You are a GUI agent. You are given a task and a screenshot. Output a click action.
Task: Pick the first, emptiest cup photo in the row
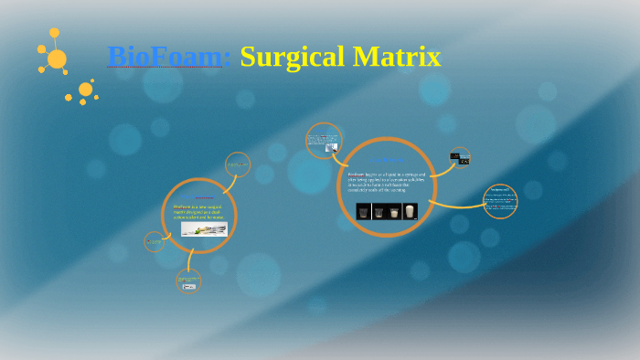coord(363,211)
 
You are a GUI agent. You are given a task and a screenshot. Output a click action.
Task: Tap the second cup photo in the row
coord(379,211)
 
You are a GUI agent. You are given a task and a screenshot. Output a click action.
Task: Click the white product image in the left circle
coord(204,229)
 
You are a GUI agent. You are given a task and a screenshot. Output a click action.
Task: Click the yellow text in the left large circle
coord(197,212)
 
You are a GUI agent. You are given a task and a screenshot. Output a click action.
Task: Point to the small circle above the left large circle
coord(237,164)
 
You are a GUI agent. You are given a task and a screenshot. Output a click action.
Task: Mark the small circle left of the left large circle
coord(155,241)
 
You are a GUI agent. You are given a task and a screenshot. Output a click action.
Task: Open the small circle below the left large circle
coord(188,281)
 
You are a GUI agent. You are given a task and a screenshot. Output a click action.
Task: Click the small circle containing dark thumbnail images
coord(460,158)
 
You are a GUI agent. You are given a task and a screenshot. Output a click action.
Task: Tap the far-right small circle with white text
coord(499,201)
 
